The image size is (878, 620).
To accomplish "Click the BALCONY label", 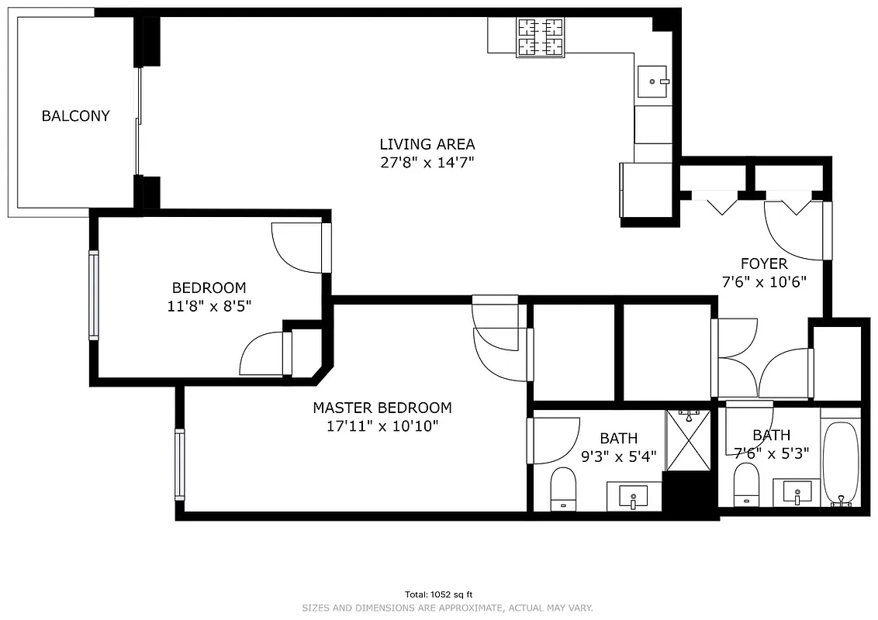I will point(75,116).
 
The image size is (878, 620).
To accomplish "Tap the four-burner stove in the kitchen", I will point(541,37).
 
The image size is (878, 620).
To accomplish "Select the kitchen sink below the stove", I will point(653,80).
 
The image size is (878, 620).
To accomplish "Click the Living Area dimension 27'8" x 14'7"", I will point(427,163).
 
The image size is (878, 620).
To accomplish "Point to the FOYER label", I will point(763,263).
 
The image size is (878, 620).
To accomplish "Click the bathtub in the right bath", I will point(841,463).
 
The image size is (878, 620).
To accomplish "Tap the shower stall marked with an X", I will point(688,440).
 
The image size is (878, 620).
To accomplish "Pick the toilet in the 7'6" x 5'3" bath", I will point(746,485).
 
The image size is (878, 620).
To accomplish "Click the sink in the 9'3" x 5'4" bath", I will point(634,495).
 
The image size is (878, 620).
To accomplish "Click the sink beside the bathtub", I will point(797,492).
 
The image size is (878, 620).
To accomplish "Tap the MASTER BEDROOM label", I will point(382,408).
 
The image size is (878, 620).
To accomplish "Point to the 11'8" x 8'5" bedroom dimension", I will point(209,306).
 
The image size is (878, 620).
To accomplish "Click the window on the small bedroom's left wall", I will point(94,295).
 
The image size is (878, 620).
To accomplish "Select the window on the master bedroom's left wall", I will point(180,463).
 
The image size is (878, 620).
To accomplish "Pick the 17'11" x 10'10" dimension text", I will point(383,425).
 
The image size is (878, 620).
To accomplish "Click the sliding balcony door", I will point(139,122).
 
